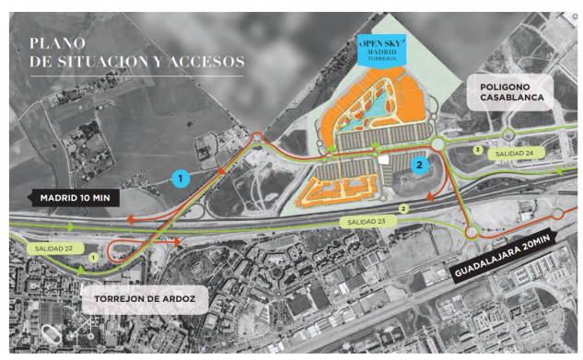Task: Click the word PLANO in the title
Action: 56,42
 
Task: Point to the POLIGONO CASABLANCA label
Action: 511,89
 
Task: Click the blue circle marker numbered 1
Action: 181,177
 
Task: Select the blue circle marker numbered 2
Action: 420,166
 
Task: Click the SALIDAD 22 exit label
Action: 55,249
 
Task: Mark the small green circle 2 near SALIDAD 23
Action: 402,210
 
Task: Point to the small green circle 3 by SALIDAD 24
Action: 476,148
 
